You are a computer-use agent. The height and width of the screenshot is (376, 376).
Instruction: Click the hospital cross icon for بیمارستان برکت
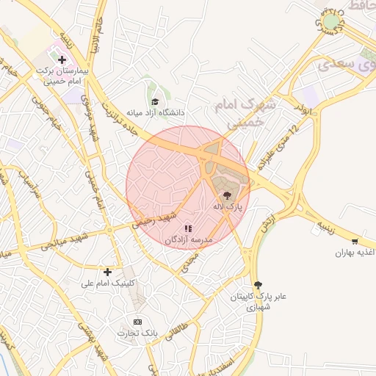[x=61, y=60]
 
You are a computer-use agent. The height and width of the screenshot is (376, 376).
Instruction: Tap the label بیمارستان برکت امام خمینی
[x=62, y=77]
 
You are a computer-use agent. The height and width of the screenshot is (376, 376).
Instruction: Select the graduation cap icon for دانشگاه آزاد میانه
[x=155, y=101]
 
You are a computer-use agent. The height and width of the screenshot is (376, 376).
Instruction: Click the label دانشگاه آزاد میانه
[x=155, y=114]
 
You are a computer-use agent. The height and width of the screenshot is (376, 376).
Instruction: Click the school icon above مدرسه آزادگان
[x=188, y=228]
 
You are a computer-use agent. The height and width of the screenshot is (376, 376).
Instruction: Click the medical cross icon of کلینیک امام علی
[x=107, y=272]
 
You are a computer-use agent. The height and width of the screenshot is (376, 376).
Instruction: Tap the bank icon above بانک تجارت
[x=137, y=322]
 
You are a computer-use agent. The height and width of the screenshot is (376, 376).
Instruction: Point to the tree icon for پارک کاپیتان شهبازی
[x=257, y=285]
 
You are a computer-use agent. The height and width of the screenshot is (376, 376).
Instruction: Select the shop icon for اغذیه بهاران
[x=355, y=241]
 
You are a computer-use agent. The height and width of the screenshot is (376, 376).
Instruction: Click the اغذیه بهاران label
[x=356, y=253]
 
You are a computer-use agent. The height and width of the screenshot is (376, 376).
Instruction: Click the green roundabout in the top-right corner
[x=332, y=21]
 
